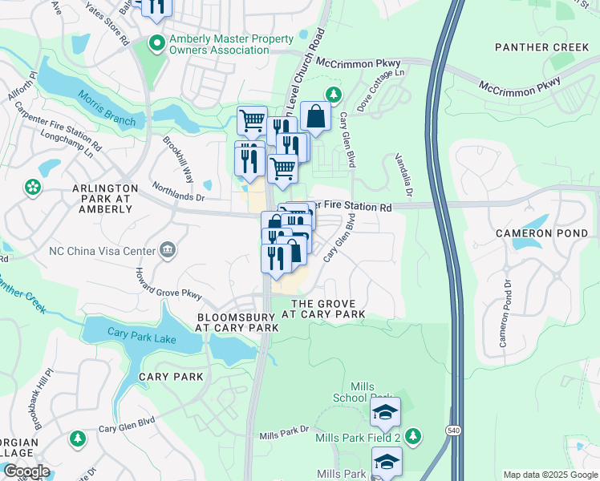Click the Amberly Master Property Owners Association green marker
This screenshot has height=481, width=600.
pyautogui.click(x=156, y=43)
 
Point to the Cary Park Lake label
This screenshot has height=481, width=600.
pyautogui.click(x=142, y=339)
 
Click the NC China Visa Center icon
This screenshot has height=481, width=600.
pyautogui.click(x=167, y=250)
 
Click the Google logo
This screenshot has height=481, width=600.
pyautogui.click(x=26, y=471)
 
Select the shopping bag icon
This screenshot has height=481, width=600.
pyautogui.click(x=316, y=116)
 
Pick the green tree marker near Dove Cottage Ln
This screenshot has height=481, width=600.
pyautogui.click(x=333, y=95)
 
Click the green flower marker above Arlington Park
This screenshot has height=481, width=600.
pyautogui.click(x=33, y=188)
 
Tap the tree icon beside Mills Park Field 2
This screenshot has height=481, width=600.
pyautogui.click(x=412, y=436)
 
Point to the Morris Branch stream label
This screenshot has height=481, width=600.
pyautogui.click(x=106, y=107)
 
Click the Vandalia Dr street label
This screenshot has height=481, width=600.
pyautogui.click(x=403, y=176)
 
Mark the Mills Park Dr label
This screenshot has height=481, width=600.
pyautogui.click(x=283, y=435)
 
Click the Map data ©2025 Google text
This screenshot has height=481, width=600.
pyautogui.click(x=549, y=475)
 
